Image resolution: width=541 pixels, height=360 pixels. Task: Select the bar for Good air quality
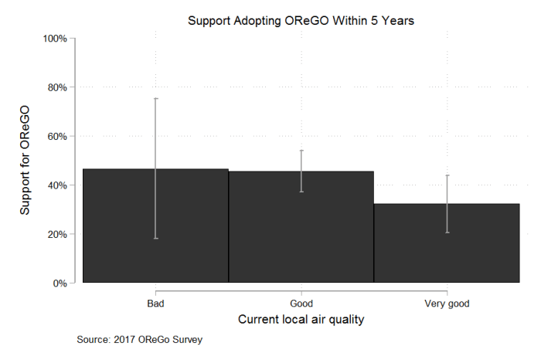click(x=301, y=232)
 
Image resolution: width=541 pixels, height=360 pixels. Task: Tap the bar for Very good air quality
click(x=447, y=247)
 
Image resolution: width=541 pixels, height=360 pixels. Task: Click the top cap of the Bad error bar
click(x=155, y=98)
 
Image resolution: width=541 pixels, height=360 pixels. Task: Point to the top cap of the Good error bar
click(x=301, y=151)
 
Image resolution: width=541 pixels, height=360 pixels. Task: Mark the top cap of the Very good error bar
click(x=447, y=175)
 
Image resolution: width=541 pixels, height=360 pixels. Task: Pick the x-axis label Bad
click(x=155, y=303)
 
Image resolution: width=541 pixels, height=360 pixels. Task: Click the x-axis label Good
click(x=301, y=303)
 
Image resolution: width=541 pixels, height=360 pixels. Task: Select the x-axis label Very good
click(x=447, y=303)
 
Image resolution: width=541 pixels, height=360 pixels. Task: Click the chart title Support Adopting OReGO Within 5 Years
click(x=301, y=21)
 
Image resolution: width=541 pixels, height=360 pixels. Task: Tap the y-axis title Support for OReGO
click(x=26, y=160)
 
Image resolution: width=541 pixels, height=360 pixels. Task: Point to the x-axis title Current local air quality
click(x=301, y=319)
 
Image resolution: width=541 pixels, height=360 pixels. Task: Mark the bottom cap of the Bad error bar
click(x=155, y=238)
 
